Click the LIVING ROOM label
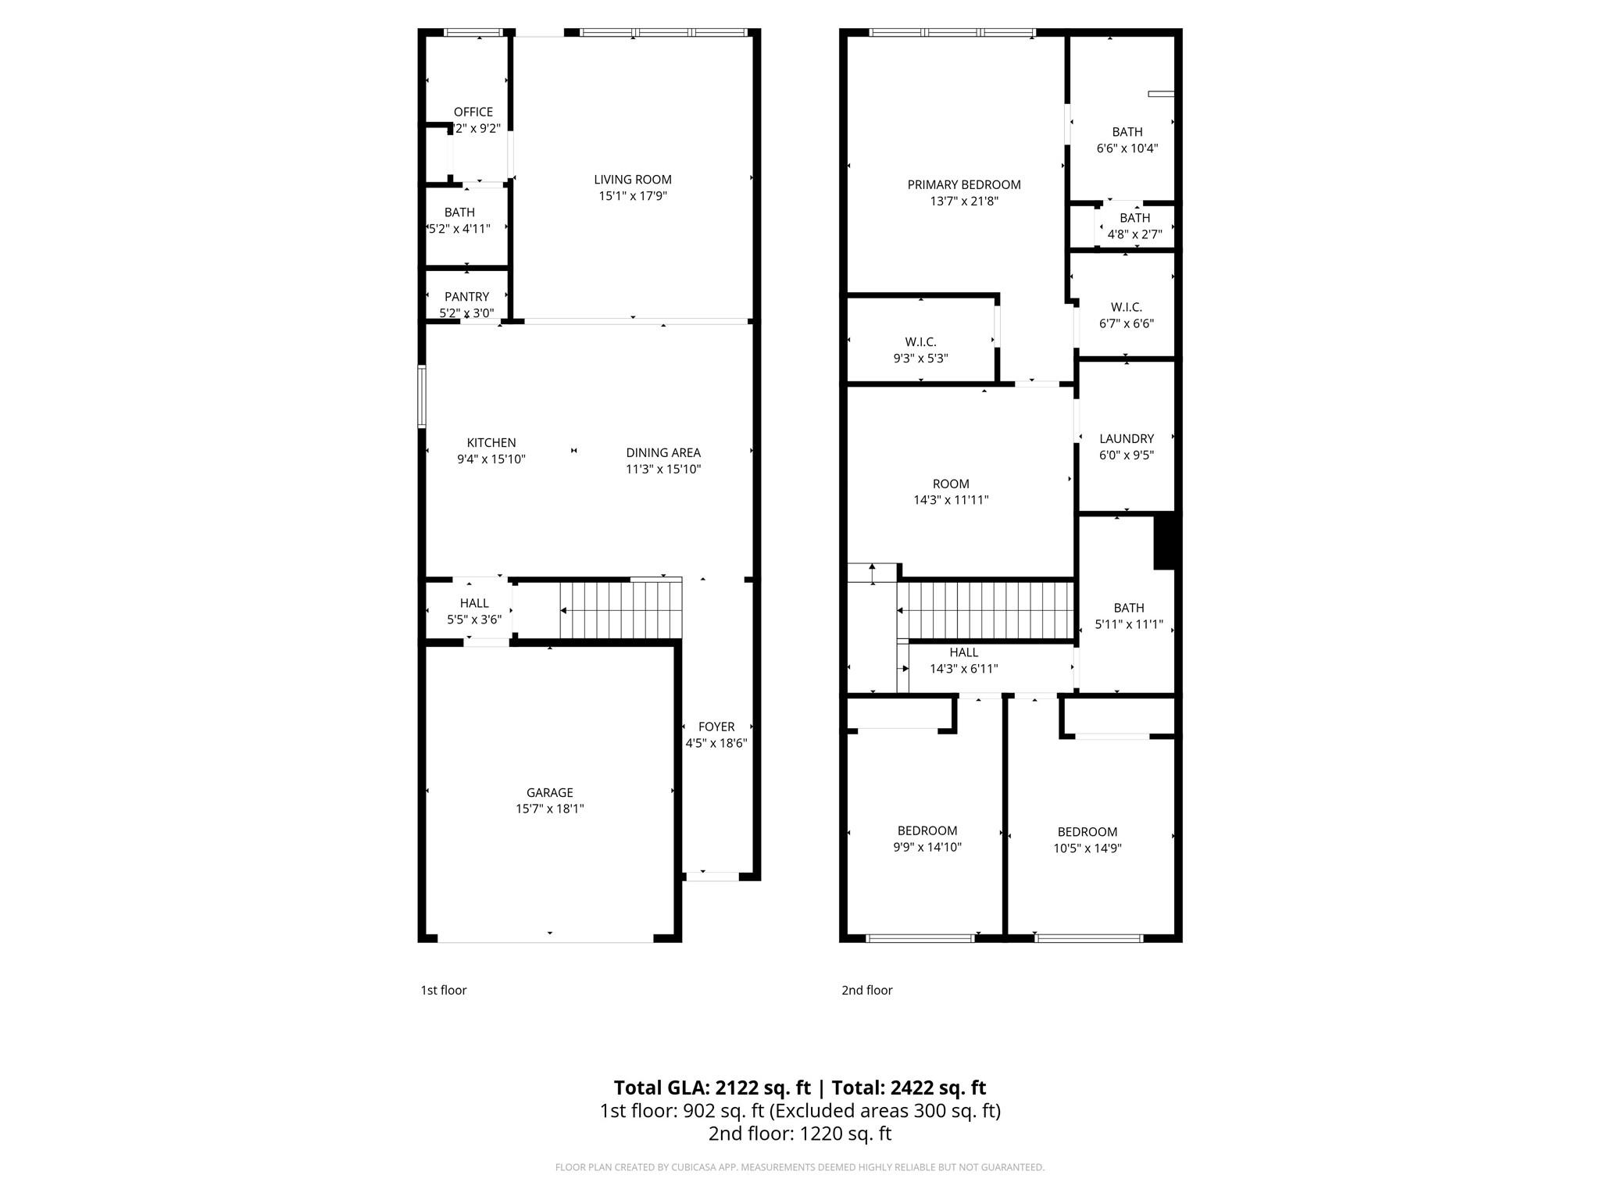[632, 180]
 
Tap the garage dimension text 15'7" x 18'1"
[549, 809]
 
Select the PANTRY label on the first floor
[466, 297]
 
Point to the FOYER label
[716, 727]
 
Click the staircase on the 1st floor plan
[621, 609]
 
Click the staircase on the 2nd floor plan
[986, 610]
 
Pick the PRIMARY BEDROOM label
[963, 184]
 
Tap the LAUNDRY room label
[1126, 438]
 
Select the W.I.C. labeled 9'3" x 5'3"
[920, 350]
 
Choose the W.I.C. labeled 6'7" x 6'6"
[1126, 315]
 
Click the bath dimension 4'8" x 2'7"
[1134, 234]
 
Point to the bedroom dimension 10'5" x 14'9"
[1087, 848]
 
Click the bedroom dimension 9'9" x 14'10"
[927, 847]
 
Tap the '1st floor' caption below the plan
[443, 990]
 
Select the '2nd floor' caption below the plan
[866, 990]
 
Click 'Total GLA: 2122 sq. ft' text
[711, 1087]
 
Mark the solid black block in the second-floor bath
[1164, 541]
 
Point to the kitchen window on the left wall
[422, 397]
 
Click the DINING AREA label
[662, 452]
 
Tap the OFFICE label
[473, 112]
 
